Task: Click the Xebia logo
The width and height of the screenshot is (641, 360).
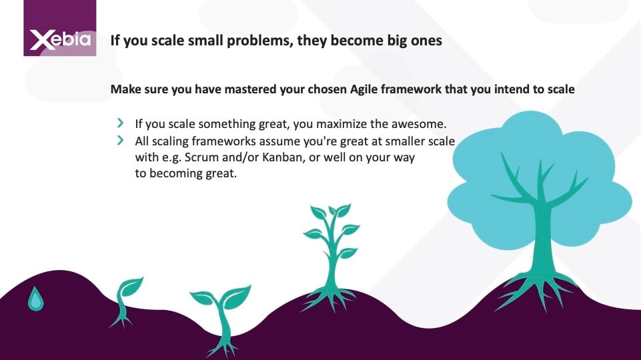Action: [x=59, y=28]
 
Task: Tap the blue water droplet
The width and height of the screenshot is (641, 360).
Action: [x=35, y=299]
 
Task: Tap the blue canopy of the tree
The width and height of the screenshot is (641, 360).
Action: [x=539, y=180]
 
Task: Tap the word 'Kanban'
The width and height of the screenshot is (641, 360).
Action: [x=282, y=157]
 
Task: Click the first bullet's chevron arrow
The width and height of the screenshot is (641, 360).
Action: [x=120, y=123]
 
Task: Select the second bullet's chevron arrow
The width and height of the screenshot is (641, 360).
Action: [x=120, y=140]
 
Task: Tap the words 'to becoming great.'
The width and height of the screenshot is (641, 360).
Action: [x=186, y=173]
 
